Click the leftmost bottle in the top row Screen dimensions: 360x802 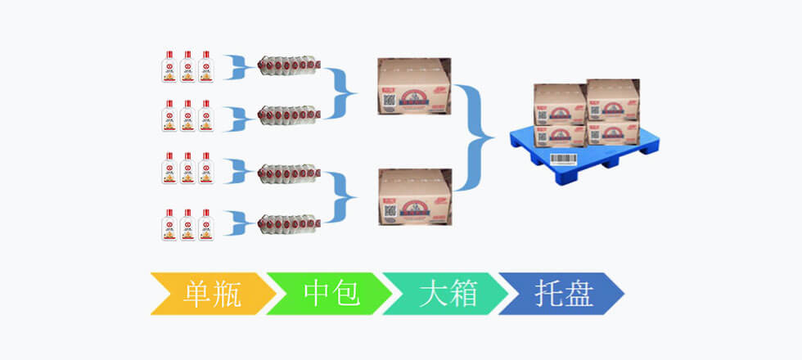[x=169, y=66]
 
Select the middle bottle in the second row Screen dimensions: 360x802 [x=187, y=116]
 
